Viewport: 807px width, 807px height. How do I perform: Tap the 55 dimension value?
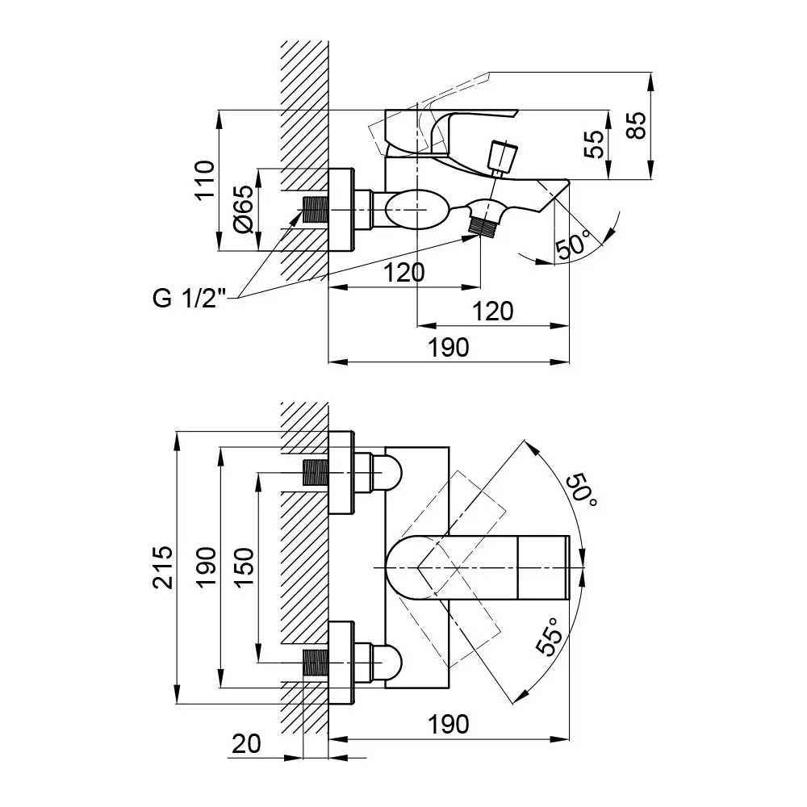click(594, 144)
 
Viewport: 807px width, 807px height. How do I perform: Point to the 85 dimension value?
click(638, 125)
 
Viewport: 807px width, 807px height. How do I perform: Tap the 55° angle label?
click(550, 638)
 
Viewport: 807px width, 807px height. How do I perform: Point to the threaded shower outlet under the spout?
click(482, 225)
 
